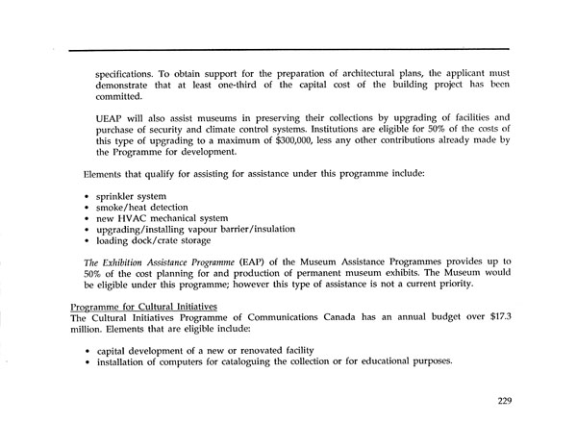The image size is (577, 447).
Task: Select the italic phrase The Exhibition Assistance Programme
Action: click(171, 261)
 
